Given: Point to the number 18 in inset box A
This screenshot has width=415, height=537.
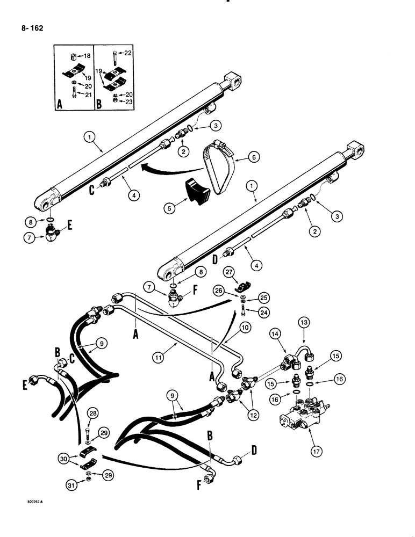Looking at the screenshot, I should [88, 55].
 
